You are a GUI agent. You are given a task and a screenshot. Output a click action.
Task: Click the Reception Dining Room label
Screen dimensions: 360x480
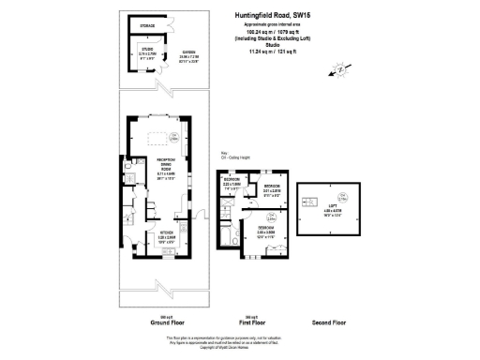coord(165,166)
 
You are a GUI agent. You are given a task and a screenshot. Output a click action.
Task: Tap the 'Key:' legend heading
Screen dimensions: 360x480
coord(224,152)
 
